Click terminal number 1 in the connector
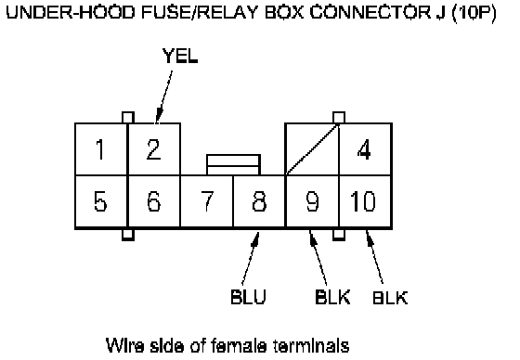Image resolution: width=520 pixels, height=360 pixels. pos(101,149)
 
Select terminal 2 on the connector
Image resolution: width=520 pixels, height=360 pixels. pos(154,149)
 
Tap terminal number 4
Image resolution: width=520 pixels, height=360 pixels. pos(365,149)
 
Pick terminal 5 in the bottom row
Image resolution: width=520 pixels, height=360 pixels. pos(101,201)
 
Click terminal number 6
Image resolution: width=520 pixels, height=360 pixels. pos(154,201)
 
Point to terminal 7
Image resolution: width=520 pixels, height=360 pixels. pos(207,201)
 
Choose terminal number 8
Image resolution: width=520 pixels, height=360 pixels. pos(259,201)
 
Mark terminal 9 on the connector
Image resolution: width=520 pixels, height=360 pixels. pos(312,201)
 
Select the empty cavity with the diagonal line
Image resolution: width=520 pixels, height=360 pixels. pos(312,149)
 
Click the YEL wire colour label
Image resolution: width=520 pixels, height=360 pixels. pos(180,56)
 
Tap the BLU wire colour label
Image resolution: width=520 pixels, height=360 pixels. pos(249,297)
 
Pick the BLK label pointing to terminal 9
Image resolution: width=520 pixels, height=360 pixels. pos(332,297)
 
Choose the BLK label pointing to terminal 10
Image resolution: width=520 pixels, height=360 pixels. pos(390,297)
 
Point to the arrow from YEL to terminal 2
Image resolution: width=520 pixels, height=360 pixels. pos(163,96)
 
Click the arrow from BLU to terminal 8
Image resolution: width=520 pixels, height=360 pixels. pos(251,258)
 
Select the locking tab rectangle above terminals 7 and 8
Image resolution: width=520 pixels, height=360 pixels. pos(233,164)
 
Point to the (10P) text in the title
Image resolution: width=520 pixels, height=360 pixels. pos(474,13)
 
